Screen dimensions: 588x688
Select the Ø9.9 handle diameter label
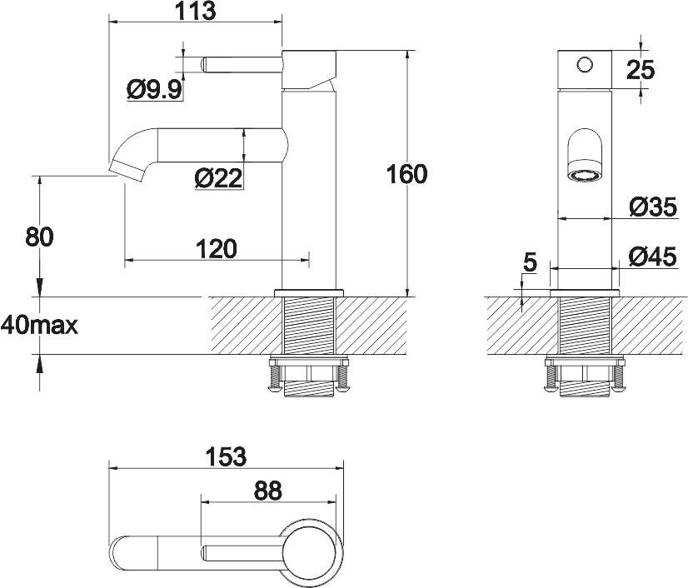[x=155, y=89]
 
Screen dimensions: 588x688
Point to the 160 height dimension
[x=408, y=174]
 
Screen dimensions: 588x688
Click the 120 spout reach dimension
[x=216, y=248]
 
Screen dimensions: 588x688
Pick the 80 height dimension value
[x=39, y=237]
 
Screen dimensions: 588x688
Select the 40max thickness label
[x=40, y=326]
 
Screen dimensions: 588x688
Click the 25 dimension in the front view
[x=641, y=70]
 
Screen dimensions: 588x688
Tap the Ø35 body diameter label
[x=653, y=207]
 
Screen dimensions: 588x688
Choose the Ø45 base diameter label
[x=653, y=257]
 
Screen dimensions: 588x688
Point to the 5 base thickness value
[x=529, y=263]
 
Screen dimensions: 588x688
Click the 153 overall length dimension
[x=226, y=456]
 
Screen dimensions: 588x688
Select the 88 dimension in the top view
[x=267, y=491]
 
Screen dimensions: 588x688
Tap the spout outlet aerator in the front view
[x=583, y=175]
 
